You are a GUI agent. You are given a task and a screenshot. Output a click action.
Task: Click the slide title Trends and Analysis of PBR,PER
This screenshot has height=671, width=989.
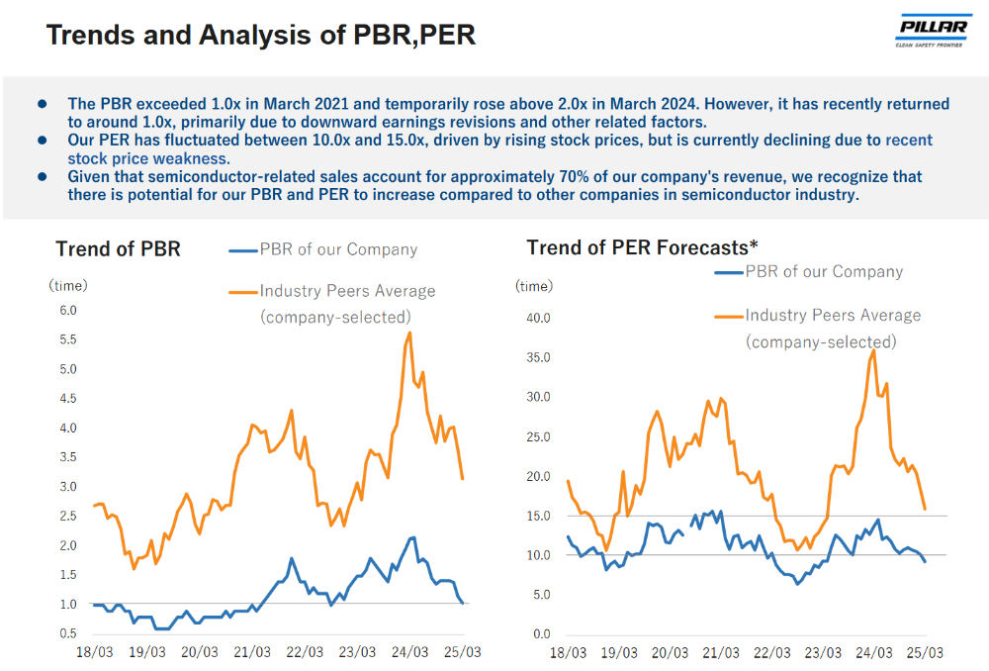pos(261,36)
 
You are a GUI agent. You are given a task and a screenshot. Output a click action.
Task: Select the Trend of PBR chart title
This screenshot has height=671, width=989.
pos(118,248)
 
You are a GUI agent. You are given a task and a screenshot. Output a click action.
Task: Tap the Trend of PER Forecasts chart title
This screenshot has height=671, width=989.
pos(642,246)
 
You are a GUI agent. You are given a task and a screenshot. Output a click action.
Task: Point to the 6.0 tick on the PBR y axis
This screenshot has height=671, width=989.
pos(68,311)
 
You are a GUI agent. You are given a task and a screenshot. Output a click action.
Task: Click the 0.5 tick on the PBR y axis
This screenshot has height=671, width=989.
pos(68,633)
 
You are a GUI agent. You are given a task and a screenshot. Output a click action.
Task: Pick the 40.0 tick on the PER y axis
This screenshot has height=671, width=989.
pos(538,318)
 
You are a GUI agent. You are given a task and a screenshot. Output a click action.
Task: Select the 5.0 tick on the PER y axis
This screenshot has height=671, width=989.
pos(540,595)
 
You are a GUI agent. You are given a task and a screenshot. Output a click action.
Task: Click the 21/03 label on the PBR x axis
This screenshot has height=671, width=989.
pos(252,653)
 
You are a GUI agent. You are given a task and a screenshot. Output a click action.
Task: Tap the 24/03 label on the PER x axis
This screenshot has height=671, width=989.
pos(872,653)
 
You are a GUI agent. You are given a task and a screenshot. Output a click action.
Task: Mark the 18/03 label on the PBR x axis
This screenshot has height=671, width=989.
pos(94,653)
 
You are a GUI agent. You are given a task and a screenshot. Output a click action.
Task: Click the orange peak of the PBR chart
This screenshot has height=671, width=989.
pos(409,333)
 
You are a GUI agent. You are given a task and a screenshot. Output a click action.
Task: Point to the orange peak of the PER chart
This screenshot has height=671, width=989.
pos(873,349)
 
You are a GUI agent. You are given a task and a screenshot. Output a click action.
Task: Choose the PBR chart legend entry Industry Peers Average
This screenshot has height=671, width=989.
pos(347,291)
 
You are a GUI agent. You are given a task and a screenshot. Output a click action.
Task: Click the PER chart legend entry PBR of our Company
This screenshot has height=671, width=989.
pos(823,271)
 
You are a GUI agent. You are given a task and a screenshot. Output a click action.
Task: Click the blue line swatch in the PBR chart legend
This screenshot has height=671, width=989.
pos(242,250)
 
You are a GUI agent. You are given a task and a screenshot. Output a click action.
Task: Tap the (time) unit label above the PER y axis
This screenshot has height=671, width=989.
pos(534,286)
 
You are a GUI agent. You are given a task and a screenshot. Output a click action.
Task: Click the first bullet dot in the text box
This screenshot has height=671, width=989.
pos(43,104)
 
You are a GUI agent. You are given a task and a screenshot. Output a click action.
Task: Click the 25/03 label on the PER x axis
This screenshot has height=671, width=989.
pos(925,653)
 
